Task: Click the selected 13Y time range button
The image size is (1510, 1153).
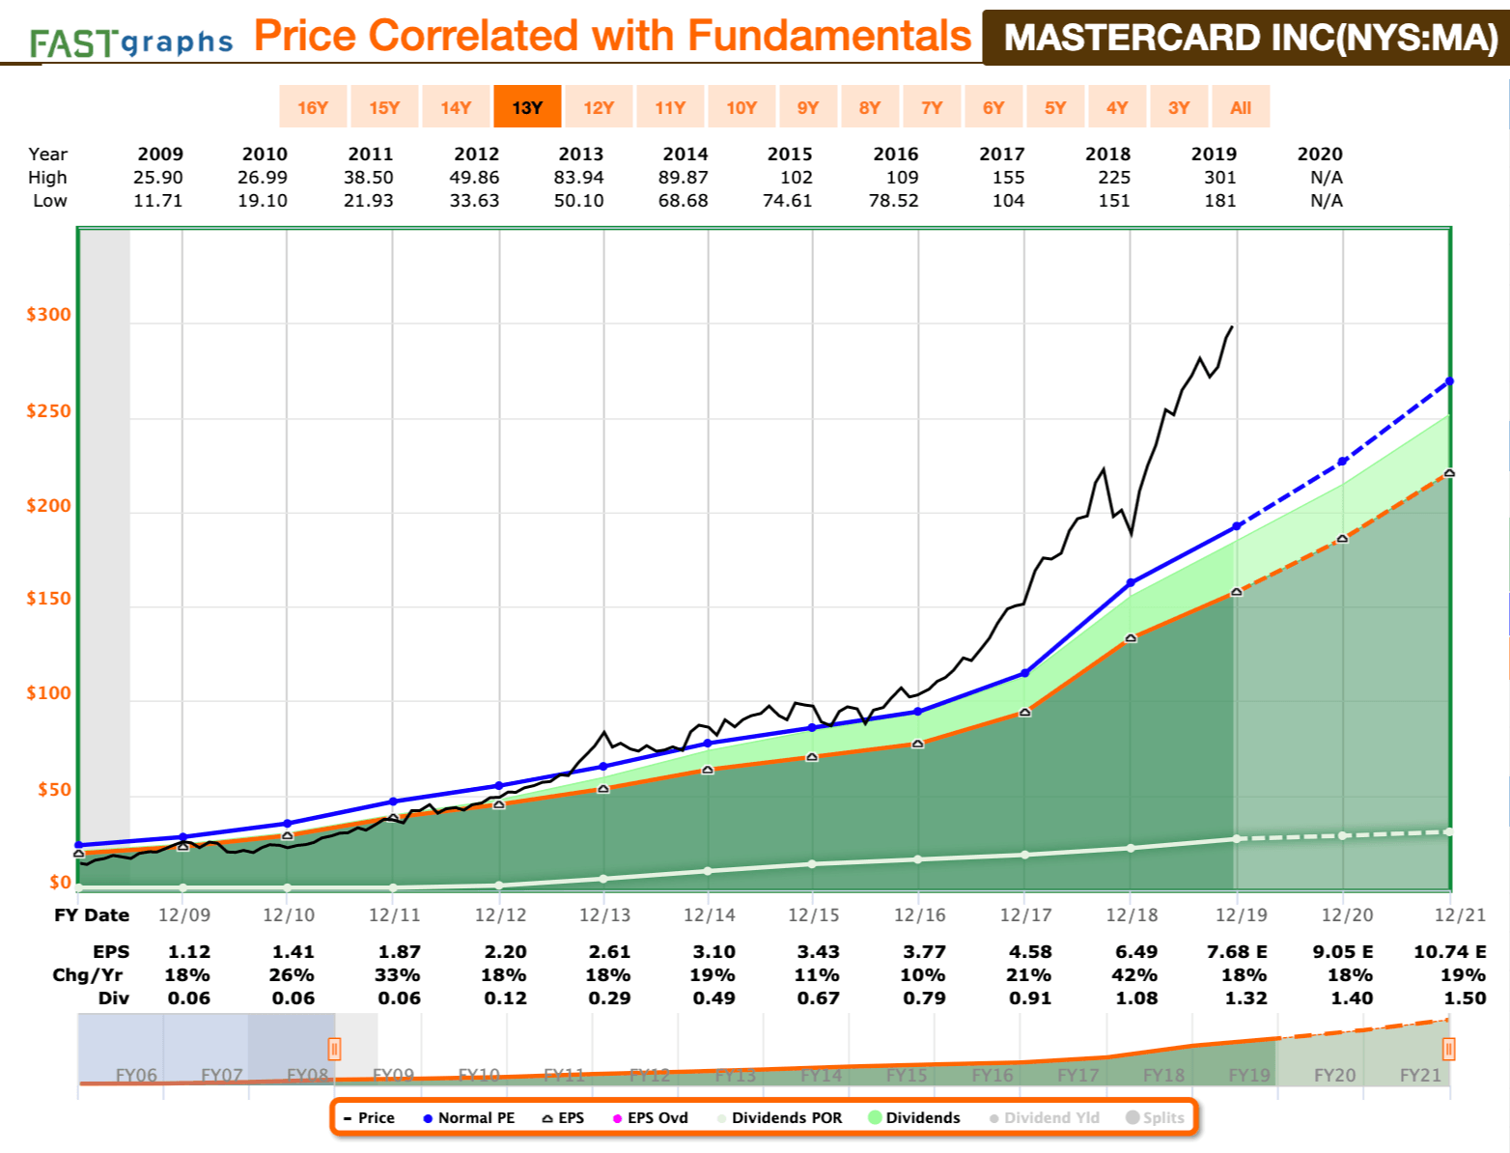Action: [527, 107]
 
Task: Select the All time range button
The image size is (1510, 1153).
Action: [1241, 107]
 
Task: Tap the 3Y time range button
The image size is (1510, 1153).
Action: [1179, 107]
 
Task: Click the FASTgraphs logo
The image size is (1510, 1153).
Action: [131, 42]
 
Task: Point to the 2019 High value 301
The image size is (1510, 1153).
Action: [1220, 178]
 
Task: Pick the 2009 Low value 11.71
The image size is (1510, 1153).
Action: [158, 201]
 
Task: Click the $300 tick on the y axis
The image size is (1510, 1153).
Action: [49, 315]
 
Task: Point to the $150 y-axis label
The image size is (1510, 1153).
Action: [49, 599]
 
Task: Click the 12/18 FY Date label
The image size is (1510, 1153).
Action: [1132, 914]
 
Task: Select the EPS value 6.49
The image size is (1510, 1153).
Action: [1136, 952]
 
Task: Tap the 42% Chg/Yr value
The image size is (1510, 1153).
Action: [1134, 975]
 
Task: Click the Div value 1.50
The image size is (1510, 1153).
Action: [1465, 998]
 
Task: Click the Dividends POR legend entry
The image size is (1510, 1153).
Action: [778, 1117]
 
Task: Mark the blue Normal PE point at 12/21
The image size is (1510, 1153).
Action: [1449, 381]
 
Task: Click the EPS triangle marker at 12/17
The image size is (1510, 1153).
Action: [1025, 712]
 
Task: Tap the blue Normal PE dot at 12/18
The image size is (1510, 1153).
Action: [1132, 583]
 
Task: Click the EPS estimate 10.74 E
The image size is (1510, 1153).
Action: [1449, 952]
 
